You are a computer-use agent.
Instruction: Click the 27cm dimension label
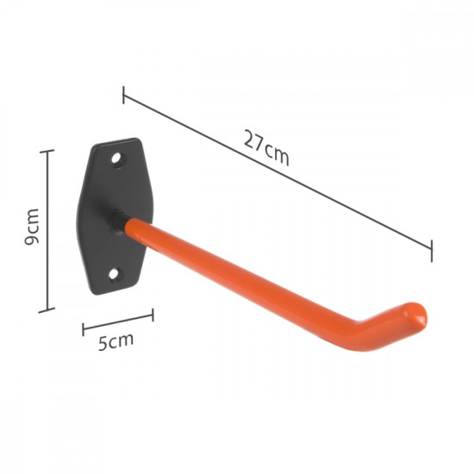265,148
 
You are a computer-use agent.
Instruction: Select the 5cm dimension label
115,340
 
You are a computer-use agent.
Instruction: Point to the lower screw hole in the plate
114,274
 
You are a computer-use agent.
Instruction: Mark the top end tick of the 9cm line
47,151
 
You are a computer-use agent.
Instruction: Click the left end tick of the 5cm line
84,328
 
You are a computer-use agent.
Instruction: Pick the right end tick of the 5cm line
153,315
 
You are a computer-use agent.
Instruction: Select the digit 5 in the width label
103,343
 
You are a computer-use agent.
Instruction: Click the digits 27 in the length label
253,143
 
